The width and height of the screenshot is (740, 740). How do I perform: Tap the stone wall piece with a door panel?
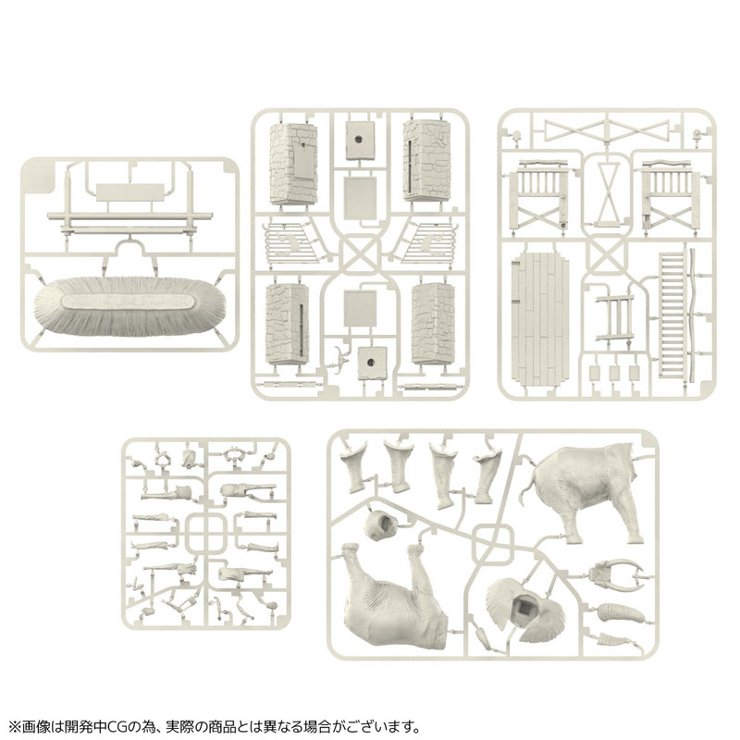[292, 162]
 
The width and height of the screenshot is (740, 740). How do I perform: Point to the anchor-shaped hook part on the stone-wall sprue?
[344, 358]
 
